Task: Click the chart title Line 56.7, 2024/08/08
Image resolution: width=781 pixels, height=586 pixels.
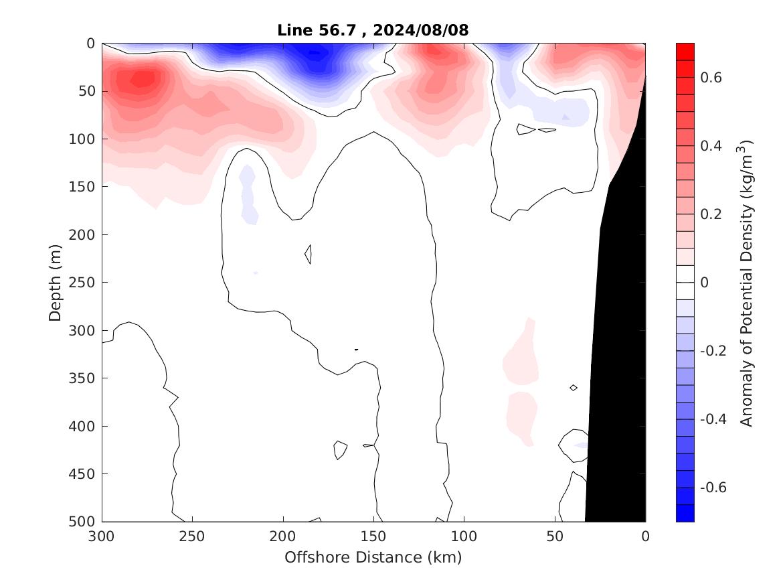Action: point(373,29)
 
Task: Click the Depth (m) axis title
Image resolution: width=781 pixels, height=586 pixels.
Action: point(55,282)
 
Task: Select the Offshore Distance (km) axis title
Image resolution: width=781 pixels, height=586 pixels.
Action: point(373,557)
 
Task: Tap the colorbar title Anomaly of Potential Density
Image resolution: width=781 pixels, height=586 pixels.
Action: point(748,282)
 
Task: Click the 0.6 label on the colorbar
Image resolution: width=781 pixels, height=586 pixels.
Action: point(711,78)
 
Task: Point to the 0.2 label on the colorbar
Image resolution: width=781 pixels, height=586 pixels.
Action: point(711,214)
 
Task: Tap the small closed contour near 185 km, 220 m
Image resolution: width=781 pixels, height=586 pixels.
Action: point(309,254)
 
